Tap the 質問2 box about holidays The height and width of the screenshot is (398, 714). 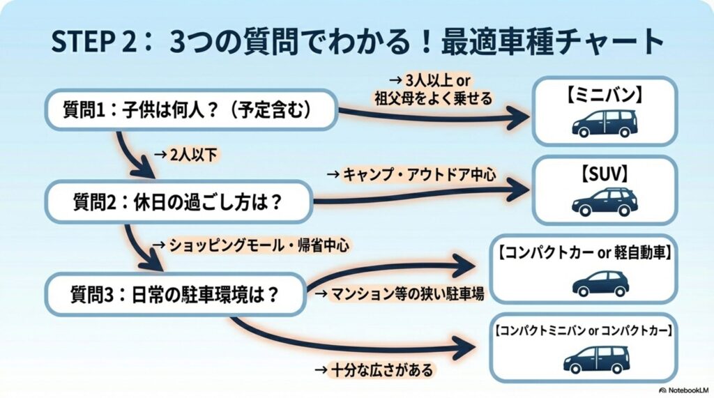[177, 203]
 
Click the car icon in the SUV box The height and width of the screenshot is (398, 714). [605, 201]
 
